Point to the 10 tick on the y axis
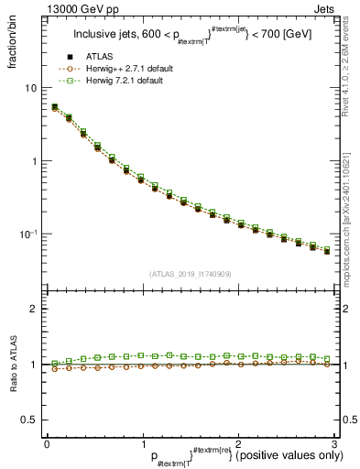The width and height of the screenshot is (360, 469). (30, 88)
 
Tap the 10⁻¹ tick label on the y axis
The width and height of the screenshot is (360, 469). (27, 234)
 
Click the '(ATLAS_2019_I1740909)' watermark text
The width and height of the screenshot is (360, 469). (190, 273)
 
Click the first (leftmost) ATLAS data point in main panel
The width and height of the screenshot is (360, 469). (54, 108)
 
